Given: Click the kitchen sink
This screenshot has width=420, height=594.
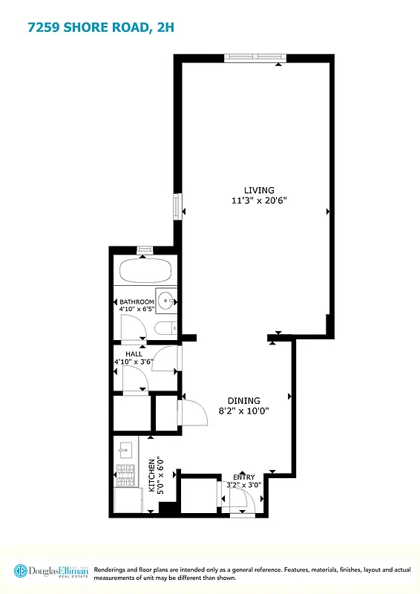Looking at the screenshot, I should [x=125, y=448].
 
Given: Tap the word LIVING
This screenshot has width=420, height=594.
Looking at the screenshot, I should [x=259, y=190].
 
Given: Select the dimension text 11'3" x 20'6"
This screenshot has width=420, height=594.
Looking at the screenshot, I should [x=259, y=200].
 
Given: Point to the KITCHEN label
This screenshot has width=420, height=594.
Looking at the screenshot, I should [x=152, y=476].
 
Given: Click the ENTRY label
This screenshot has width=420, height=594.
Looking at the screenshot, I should [x=243, y=477].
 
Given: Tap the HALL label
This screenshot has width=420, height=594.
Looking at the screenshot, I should [x=134, y=354].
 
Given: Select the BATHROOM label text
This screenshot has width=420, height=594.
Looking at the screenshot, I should [x=137, y=302].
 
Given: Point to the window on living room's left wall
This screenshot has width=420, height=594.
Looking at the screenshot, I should [x=177, y=206].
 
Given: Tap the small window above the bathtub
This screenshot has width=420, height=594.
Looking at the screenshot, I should [x=145, y=251].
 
